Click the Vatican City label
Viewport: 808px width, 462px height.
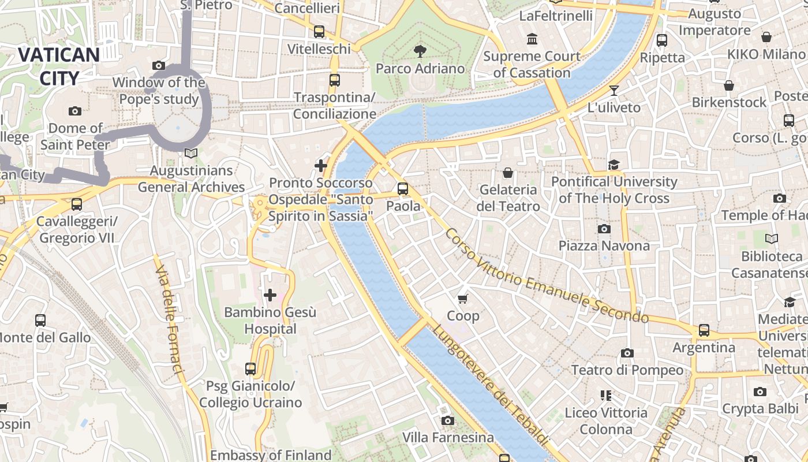[x=59, y=66]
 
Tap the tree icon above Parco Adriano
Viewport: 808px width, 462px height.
[x=420, y=51]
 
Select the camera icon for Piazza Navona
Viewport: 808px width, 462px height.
[x=604, y=229]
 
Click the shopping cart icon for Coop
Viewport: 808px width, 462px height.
[x=462, y=299]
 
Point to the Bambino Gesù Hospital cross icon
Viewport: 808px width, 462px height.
[x=270, y=296]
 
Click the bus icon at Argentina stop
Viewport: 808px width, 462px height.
[x=704, y=330]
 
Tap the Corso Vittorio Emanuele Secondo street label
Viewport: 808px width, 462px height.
[x=547, y=276]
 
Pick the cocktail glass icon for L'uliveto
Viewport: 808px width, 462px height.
[x=614, y=91]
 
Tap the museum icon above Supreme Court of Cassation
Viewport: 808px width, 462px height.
[x=532, y=39]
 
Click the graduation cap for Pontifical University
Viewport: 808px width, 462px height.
[x=614, y=165]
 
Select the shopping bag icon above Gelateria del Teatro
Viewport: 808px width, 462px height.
[x=508, y=173]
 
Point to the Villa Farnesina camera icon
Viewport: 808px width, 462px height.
[x=447, y=420]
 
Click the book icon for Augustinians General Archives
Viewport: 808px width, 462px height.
[x=190, y=154]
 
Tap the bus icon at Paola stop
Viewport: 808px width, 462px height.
[x=402, y=189]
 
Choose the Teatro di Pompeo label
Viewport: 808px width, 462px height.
[x=627, y=370]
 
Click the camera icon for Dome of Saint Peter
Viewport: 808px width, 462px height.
[x=74, y=111]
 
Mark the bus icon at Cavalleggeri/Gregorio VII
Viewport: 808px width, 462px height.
[x=76, y=204]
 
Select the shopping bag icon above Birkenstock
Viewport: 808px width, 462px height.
[x=729, y=85]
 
